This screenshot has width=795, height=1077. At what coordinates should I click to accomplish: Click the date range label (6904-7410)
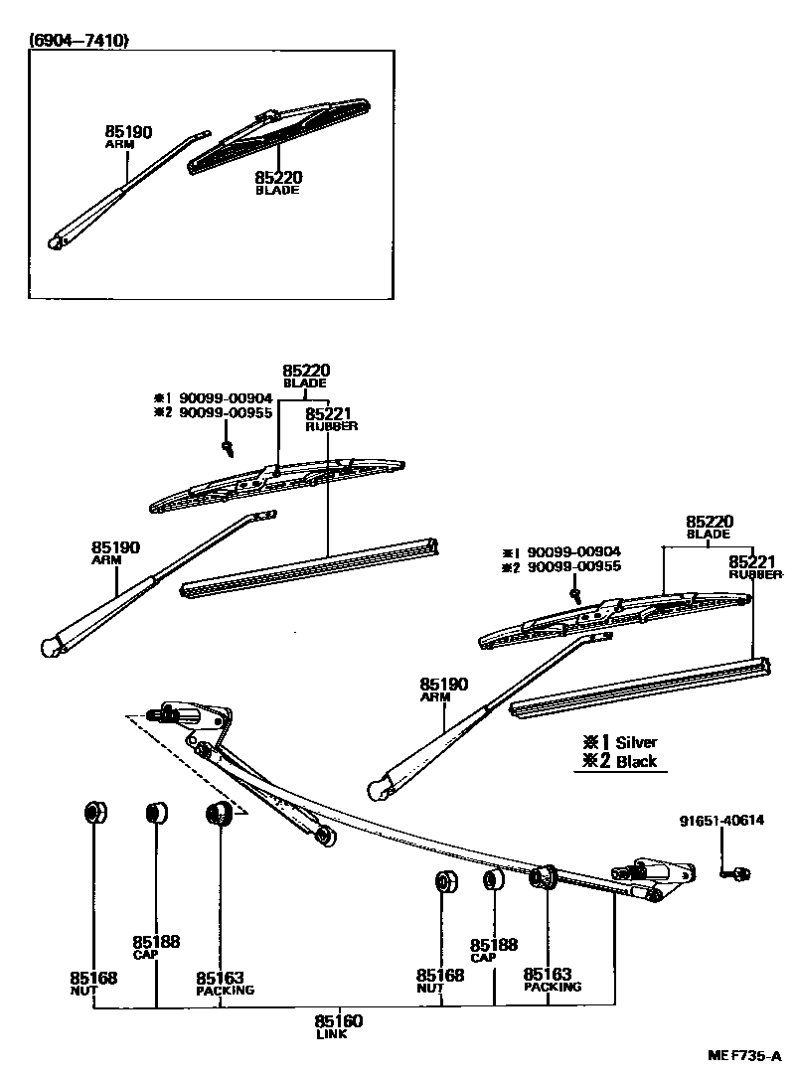(x=79, y=41)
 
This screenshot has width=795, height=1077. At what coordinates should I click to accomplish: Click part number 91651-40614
(x=722, y=821)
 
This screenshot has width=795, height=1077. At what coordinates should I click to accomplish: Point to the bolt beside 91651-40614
(x=738, y=873)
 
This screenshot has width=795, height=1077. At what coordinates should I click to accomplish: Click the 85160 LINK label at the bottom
(x=339, y=1024)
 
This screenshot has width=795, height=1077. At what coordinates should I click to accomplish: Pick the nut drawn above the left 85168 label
(x=94, y=812)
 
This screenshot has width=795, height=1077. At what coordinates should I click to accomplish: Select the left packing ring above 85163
(x=218, y=815)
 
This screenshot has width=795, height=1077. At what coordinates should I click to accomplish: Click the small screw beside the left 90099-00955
(x=229, y=448)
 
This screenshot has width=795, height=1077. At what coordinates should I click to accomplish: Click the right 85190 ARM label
(x=443, y=689)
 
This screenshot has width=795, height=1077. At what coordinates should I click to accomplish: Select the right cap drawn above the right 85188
(x=491, y=880)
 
